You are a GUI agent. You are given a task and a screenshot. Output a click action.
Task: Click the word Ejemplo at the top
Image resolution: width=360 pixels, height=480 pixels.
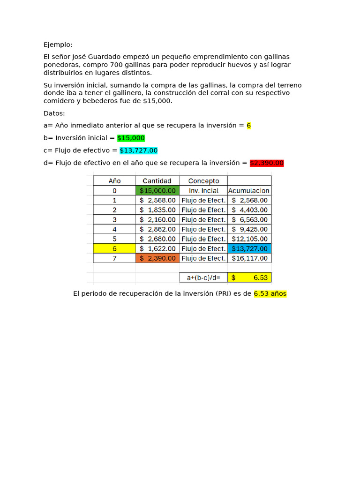(58, 45)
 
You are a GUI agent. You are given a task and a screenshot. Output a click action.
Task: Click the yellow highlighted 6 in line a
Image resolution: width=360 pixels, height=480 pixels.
(249, 126)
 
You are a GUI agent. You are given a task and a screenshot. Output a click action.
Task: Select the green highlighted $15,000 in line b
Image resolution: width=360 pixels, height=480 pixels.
(131, 138)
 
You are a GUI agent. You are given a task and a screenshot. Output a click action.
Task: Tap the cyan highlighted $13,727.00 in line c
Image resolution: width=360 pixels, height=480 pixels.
(139, 150)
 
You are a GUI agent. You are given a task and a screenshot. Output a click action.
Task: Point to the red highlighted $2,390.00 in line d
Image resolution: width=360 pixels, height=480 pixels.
(267, 163)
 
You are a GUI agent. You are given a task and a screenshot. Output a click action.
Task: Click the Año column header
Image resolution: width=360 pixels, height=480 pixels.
(114, 180)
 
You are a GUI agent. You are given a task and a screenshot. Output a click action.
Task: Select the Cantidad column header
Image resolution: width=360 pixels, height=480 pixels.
(157, 180)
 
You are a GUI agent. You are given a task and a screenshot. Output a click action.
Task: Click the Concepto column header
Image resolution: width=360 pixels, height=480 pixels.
(203, 180)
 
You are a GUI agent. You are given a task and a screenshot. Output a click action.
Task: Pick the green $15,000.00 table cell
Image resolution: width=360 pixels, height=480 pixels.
(157, 190)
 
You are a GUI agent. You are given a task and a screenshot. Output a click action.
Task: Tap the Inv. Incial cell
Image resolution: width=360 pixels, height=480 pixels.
(203, 190)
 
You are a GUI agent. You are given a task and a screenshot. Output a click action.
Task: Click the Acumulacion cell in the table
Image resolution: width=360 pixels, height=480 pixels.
(249, 190)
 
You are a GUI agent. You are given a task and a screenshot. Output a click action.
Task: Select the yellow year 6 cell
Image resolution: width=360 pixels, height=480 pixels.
(114, 248)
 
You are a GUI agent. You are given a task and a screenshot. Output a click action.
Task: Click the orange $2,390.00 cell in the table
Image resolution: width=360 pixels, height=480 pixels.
(157, 258)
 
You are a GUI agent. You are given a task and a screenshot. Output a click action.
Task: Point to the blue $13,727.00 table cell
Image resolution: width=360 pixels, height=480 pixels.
(249, 248)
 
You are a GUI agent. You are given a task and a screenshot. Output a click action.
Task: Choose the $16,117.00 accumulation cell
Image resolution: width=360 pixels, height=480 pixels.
(249, 258)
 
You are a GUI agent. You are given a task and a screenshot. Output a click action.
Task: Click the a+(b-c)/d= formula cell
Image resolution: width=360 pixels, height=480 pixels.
(203, 277)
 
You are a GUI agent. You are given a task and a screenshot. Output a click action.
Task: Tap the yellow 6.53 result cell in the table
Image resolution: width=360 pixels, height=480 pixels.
(249, 277)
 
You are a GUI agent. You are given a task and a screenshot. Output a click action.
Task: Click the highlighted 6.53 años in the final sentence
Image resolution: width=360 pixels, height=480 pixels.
(270, 294)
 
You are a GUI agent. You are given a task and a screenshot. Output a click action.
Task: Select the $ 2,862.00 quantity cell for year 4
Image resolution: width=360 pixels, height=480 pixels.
(157, 229)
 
